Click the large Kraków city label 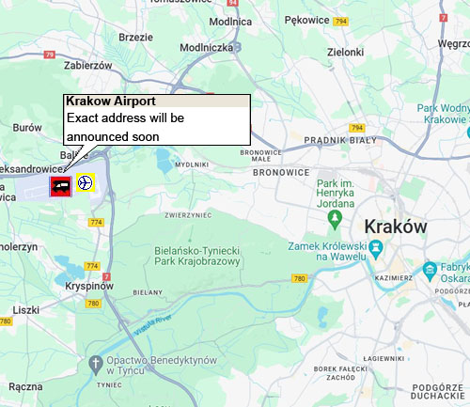(395, 227)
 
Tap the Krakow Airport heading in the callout (111, 102)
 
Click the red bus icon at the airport (61, 184)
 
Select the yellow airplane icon (86, 182)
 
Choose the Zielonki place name (343, 53)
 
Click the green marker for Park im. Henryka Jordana (334, 218)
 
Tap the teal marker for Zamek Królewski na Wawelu (376, 249)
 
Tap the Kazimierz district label (395, 278)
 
